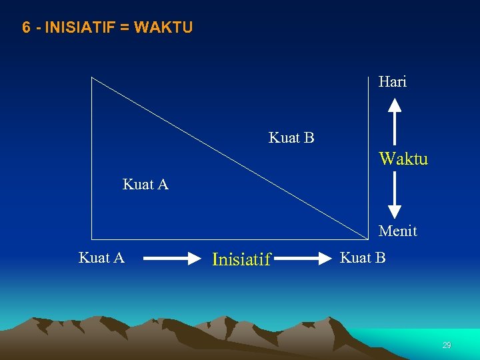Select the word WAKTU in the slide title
tap(163, 27)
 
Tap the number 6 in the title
tap(26, 27)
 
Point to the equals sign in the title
tap(124, 27)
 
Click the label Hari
tap(392, 82)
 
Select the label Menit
tap(397, 231)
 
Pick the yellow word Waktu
tap(403, 159)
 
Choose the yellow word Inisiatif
tap(241, 259)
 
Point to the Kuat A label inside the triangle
tap(145, 185)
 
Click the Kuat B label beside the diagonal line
tap(291, 138)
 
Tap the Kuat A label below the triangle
tap(101, 258)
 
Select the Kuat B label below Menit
tap(363, 258)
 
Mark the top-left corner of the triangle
tap(92, 77)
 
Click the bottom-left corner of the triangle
tap(92, 239)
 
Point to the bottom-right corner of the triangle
tap(369, 239)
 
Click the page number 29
tap(447, 345)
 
